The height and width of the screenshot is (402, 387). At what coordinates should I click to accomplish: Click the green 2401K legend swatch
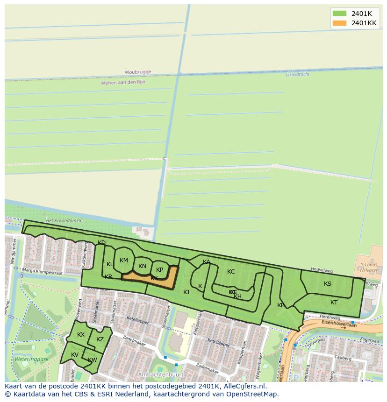coord(339,14)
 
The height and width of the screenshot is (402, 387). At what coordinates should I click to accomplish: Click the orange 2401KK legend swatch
coord(339,23)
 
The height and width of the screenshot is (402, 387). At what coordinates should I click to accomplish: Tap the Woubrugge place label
coord(138,72)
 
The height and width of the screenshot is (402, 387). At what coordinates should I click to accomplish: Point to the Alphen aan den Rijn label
coord(123,82)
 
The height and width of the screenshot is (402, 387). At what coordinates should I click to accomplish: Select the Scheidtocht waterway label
coord(297,74)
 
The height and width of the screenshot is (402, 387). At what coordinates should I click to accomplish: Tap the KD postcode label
coord(101,242)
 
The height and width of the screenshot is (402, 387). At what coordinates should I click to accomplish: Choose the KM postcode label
coord(123,261)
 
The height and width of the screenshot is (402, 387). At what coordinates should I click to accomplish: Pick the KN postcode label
coord(142,266)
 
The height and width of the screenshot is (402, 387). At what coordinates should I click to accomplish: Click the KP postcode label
coord(159,269)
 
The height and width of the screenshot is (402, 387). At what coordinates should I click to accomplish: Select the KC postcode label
coord(231,272)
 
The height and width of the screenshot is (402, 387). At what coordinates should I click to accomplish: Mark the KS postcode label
coord(328,283)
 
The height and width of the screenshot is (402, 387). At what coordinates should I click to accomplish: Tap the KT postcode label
coord(334,303)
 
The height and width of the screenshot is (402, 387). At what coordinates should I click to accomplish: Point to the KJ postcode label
coord(186,292)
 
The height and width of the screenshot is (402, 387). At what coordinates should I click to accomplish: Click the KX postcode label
coord(81,334)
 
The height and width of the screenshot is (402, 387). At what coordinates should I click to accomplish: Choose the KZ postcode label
coord(100,339)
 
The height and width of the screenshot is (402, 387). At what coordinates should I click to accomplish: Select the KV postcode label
coord(75,355)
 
